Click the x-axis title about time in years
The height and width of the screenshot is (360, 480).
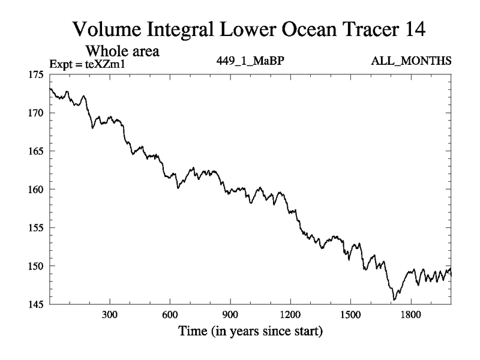250,331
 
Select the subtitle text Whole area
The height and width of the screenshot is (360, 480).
126,51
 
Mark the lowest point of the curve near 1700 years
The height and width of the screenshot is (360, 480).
394,299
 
